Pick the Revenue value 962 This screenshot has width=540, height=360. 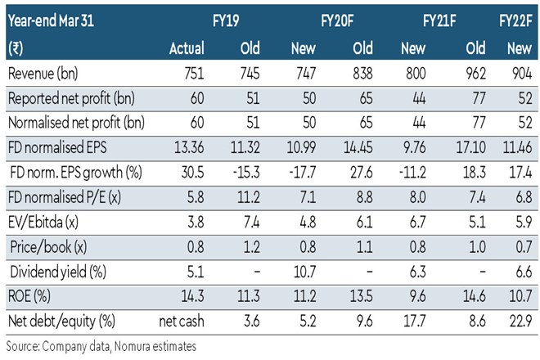(x=467, y=74)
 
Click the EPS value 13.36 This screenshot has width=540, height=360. (x=187, y=148)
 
